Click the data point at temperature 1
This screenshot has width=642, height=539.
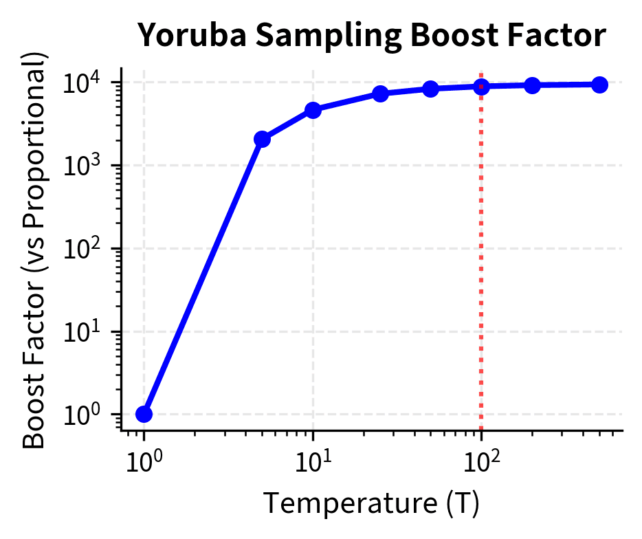144,414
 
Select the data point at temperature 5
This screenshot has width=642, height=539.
262,140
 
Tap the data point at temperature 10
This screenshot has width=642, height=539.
313,110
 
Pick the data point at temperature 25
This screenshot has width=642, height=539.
380,93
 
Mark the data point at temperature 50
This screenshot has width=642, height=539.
430,89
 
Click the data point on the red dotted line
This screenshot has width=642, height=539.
481,86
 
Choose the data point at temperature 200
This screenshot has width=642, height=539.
532,85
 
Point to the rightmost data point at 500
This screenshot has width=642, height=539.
599,85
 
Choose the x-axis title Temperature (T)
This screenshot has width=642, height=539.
372,504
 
